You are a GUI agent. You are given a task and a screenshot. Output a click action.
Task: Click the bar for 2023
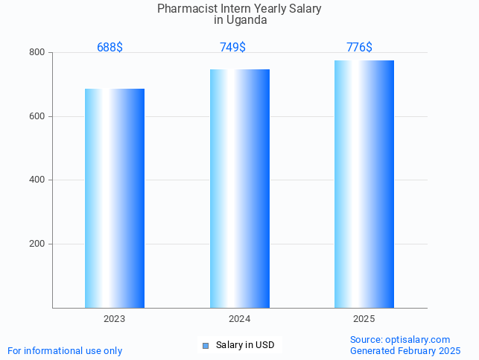114,198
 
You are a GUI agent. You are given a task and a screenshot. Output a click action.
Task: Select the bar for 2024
239,189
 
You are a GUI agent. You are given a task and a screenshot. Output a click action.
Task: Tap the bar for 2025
364,184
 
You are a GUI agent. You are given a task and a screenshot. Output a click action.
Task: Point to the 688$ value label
110,48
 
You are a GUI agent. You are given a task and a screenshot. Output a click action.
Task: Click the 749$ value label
232,48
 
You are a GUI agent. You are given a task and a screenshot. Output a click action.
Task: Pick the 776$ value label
359,48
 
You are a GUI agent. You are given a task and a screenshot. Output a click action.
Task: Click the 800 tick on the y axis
37,53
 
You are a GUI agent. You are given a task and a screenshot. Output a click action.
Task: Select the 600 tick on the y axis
37,116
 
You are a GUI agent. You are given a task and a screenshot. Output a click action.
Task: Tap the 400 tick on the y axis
37,180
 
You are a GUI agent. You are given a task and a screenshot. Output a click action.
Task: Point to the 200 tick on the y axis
37,244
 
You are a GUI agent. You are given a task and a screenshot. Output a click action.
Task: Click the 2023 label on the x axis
114,319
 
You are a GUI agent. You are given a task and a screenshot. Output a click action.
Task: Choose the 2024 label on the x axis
239,319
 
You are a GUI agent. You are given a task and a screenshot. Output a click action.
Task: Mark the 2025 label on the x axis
364,319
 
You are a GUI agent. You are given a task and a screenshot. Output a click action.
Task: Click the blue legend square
206,345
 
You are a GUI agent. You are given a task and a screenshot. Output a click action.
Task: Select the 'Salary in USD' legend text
245,345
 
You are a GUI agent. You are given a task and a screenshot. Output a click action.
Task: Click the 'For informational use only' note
65,350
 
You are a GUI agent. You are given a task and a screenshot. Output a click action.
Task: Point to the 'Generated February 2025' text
405,350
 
